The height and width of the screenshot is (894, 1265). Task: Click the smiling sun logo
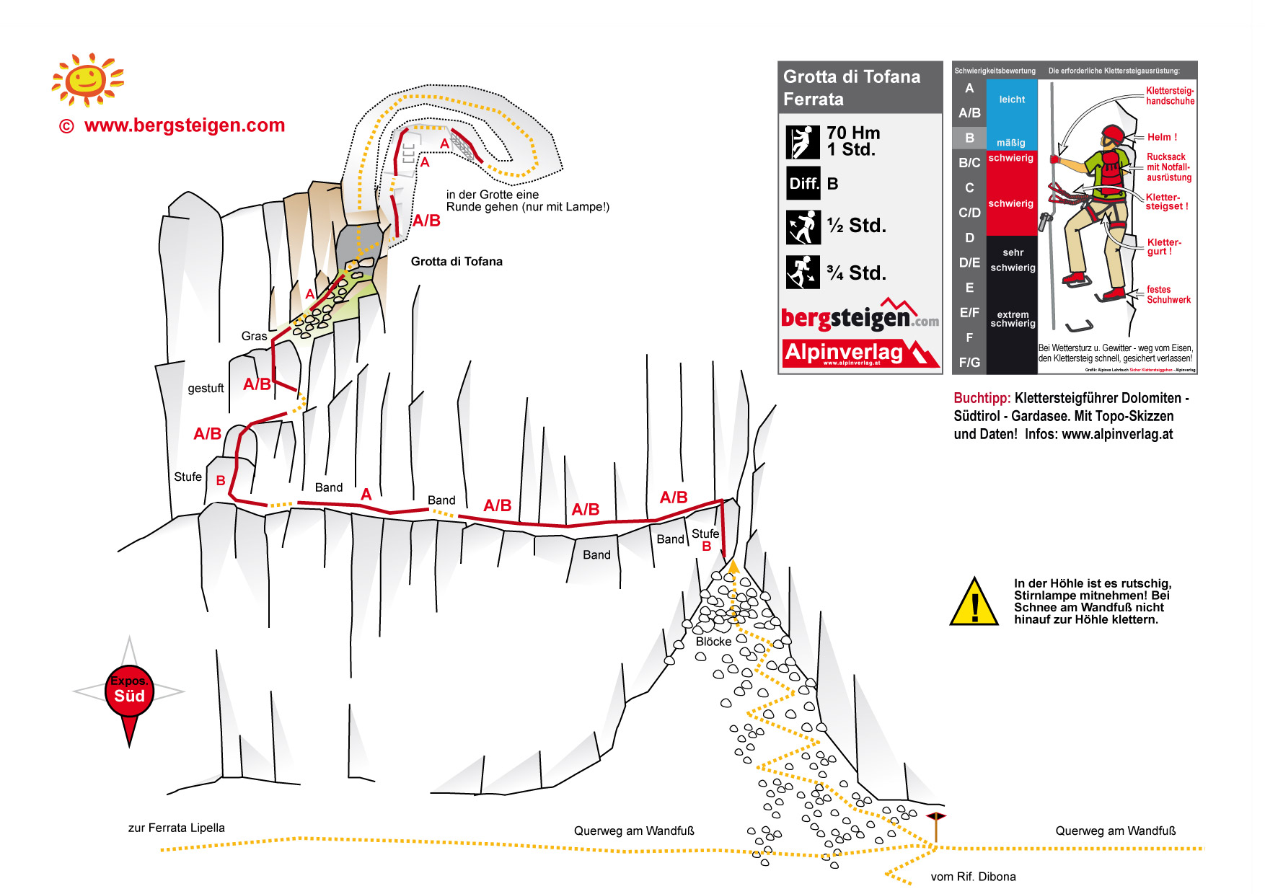tap(87, 79)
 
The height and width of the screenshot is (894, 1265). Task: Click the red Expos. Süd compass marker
tap(130, 691)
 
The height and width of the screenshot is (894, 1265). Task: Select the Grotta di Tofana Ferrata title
tap(852, 87)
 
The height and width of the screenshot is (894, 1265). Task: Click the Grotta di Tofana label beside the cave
tap(457, 261)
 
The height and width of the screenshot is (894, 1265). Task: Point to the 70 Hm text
tap(853, 133)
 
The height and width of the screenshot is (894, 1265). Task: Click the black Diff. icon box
tap(803, 183)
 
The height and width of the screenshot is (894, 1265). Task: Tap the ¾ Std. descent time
tap(856, 273)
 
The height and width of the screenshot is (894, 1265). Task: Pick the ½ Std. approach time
tap(856, 226)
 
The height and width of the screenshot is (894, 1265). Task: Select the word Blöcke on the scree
tap(713, 641)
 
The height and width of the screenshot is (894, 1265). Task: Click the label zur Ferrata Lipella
tap(177, 828)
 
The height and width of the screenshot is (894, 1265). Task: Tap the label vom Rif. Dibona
tap(973, 877)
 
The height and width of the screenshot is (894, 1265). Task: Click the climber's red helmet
tap(1112, 133)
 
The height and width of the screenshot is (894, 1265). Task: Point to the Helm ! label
tap(1162, 137)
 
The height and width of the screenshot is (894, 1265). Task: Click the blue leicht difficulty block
tap(1012, 100)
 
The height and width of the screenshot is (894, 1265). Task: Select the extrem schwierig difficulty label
tap(1013, 319)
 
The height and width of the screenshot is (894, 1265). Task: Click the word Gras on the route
tap(254, 336)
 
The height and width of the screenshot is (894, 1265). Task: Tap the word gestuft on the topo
tap(206, 388)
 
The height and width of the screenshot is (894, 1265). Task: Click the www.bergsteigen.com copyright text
tap(185, 125)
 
